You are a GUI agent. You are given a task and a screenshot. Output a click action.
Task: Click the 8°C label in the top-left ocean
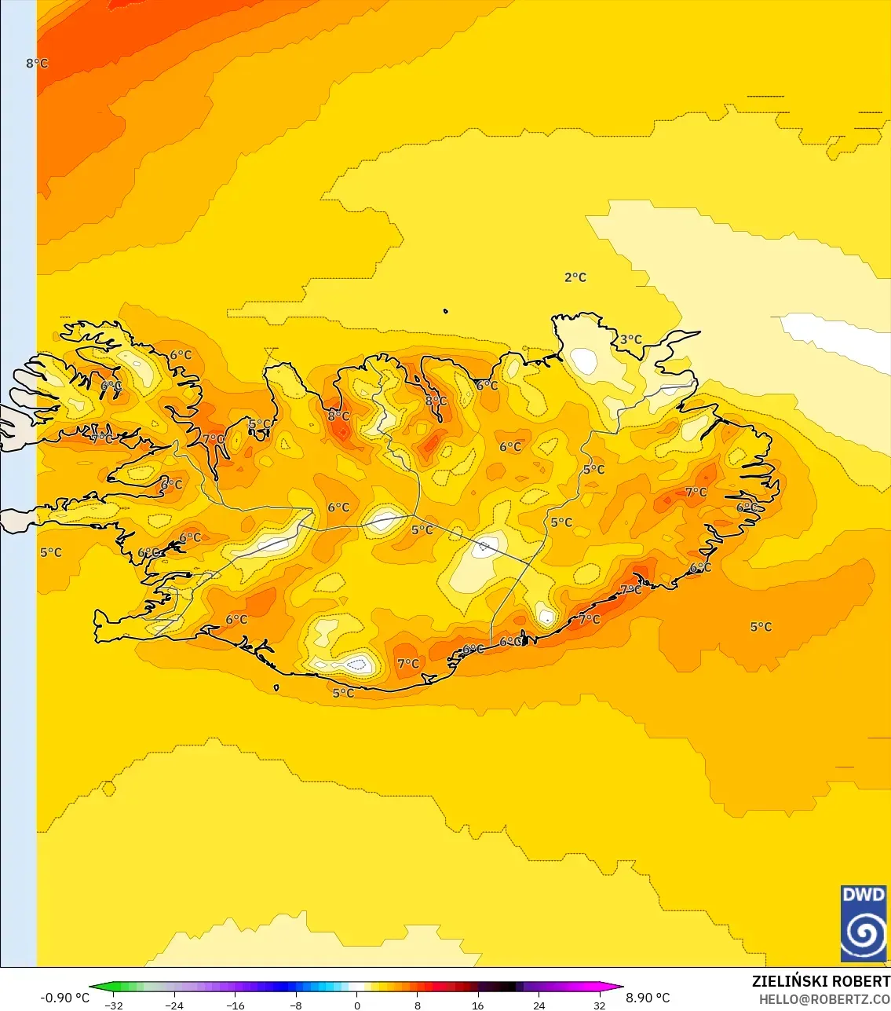pos(37,63)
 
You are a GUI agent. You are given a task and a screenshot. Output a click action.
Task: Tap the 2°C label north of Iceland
pos(575,277)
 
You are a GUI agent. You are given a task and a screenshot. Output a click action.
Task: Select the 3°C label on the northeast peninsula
pos(630,339)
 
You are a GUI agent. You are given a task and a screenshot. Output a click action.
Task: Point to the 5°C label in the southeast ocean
pos(761,627)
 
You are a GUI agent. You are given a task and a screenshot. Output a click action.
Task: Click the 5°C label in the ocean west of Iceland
pos(51,552)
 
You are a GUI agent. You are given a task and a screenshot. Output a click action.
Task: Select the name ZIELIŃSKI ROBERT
pos(820,981)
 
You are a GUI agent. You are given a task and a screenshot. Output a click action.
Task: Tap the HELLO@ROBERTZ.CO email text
pos(824,999)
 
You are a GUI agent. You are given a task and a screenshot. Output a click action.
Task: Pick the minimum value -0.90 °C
pos(64,998)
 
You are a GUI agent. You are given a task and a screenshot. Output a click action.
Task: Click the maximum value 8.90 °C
pos(648,998)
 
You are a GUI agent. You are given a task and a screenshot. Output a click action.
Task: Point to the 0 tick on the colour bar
pos(357,1005)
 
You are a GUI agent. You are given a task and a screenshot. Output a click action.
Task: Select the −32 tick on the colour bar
pos(114,1005)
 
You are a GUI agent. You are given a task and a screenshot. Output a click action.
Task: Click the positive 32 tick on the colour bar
pos(600,1005)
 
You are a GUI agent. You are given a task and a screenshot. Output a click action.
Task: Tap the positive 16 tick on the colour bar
pos(478,1005)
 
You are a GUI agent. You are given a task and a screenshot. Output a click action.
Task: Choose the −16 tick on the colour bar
pos(236,1005)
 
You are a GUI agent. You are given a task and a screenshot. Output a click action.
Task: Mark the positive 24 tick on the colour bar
pos(539,1005)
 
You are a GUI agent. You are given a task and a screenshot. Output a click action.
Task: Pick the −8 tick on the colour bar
pos(296,1005)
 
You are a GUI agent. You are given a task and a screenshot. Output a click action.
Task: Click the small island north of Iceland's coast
pos(445,311)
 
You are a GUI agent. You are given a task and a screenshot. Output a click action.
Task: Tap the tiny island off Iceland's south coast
pos(276,687)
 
